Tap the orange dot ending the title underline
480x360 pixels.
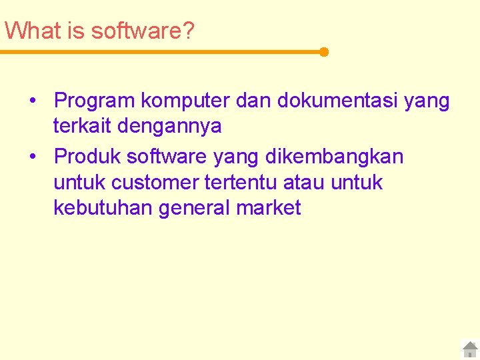(x=324, y=52)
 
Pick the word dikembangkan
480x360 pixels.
(x=335, y=157)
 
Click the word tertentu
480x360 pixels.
(x=245, y=182)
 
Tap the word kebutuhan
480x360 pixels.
(x=103, y=208)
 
